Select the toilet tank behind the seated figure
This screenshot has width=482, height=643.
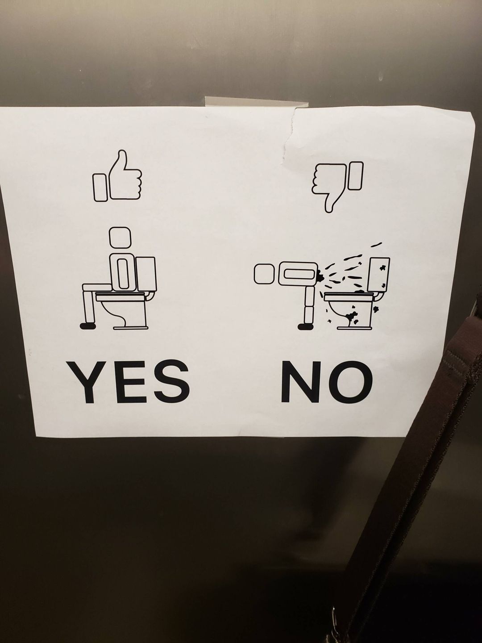point(146,275)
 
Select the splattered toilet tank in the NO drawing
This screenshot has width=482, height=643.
point(380,275)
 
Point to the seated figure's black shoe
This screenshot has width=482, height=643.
point(88,326)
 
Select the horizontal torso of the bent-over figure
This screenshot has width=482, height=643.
point(298,273)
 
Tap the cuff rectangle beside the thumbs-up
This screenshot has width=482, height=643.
point(100,187)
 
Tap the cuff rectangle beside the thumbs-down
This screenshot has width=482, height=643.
point(355,175)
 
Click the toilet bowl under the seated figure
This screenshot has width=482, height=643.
point(121,310)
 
